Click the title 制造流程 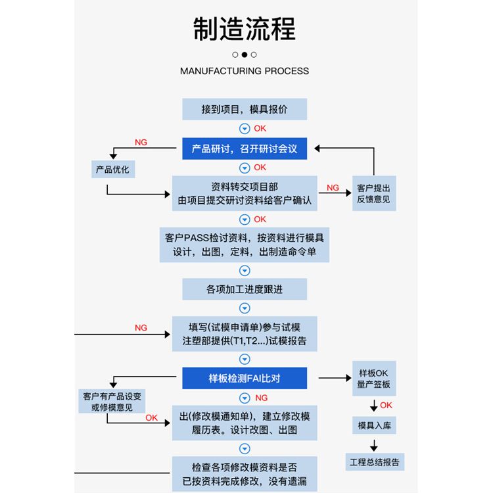tap(245, 30)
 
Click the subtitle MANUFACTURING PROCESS tap(245, 71)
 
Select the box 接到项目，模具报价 tap(245, 109)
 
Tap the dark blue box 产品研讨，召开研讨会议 tap(245, 149)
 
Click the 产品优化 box tap(112, 170)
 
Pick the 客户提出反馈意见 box tap(373, 193)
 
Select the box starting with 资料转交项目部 tap(245, 193)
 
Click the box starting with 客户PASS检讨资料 tap(245, 245)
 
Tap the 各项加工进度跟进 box tap(245, 289)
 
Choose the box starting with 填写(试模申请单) tap(245, 334)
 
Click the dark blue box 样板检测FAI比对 tap(245, 378)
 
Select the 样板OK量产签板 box tap(373, 379)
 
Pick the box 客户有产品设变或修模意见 tap(112, 401)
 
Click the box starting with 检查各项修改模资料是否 tap(245, 474)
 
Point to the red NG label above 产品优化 tap(141, 143)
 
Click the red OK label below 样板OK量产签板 tap(387, 405)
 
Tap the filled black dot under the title tap(245, 55)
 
